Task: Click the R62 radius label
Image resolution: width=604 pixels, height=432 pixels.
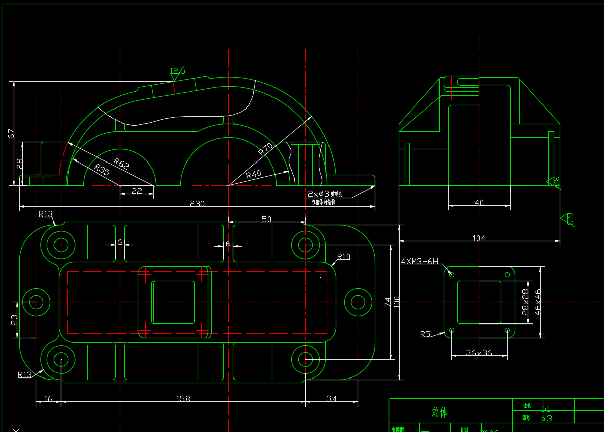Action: click(x=122, y=163)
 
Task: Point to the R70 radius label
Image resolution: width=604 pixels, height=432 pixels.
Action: click(x=266, y=149)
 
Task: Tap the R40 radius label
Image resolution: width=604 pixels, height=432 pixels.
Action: click(x=254, y=174)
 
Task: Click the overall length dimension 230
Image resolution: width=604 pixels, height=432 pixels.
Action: click(x=197, y=204)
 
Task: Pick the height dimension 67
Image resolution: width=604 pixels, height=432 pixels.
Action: click(x=11, y=133)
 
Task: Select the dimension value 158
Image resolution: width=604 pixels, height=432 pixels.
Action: click(x=183, y=399)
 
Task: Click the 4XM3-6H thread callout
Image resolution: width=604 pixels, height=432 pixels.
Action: click(x=420, y=261)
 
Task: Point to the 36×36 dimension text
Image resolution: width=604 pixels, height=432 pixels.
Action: click(x=479, y=353)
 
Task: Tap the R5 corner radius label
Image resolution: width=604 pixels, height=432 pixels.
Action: click(x=425, y=334)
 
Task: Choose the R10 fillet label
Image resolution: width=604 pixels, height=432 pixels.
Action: click(x=344, y=257)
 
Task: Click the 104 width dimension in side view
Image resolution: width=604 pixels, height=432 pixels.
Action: click(x=479, y=238)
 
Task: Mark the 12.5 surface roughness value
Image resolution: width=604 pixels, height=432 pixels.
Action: click(x=177, y=71)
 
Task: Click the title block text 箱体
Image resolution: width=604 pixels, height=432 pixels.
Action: click(x=440, y=413)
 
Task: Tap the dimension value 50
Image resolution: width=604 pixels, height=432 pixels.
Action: click(x=266, y=219)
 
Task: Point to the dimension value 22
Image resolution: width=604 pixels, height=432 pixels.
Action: click(x=137, y=191)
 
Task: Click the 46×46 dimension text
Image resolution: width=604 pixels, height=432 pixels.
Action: click(x=538, y=302)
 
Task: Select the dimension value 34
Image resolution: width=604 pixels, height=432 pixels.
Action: click(x=332, y=399)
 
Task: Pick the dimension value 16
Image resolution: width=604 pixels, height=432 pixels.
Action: click(x=48, y=399)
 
